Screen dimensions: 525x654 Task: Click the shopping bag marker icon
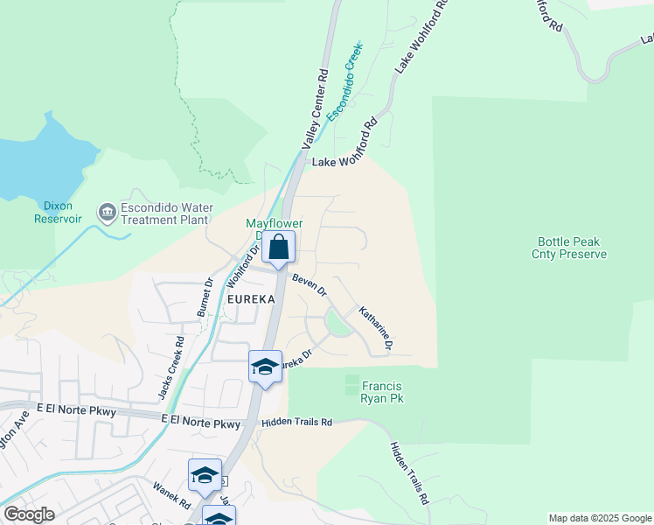pyautogui.click(x=278, y=248)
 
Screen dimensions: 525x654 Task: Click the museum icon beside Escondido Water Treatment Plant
pyautogui.click(x=107, y=210)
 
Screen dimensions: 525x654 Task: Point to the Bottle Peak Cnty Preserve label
pyautogui.click(x=572, y=248)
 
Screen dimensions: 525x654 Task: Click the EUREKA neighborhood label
pyautogui.click(x=251, y=299)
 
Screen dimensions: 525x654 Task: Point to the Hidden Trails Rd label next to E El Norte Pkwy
pyautogui.click(x=296, y=423)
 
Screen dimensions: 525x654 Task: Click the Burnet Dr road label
pyautogui.click(x=204, y=297)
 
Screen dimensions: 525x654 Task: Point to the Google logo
pyautogui.click(x=29, y=514)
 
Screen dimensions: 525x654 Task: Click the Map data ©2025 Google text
pyautogui.click(x=599, y=518)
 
